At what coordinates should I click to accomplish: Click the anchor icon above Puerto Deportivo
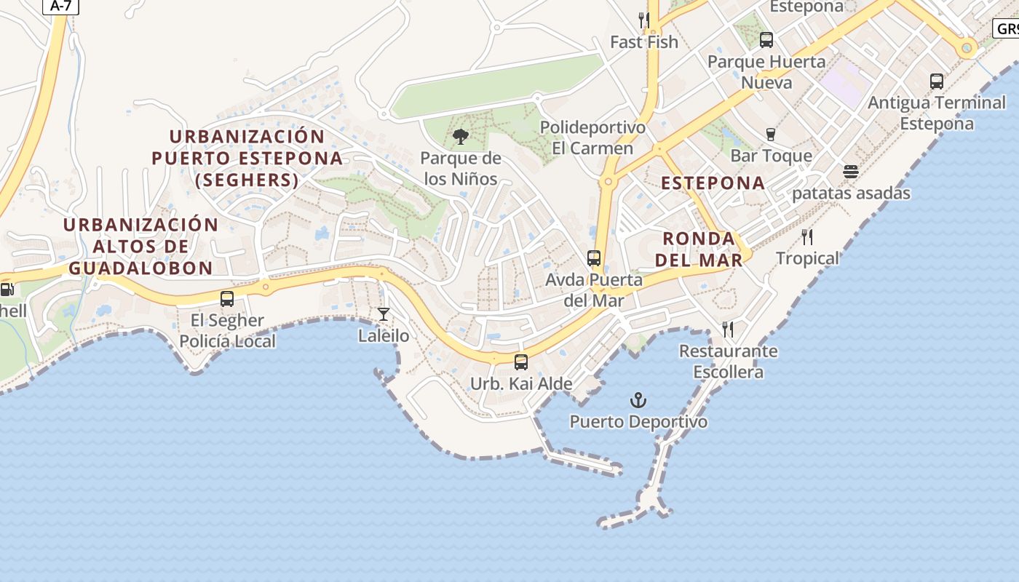coord(638,400)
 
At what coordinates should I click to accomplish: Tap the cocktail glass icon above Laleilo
coord(384,314)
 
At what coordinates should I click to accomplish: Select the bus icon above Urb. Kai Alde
coord(521,362)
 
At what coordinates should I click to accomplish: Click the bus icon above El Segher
coord(227,298)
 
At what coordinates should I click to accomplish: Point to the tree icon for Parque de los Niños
coord(460,136)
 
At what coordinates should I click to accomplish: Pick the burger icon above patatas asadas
coord(851,172)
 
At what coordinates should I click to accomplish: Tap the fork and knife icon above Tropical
coord(807,236)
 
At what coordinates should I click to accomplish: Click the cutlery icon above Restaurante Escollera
coord(728,330)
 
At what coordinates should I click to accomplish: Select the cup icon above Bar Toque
coord(771,134)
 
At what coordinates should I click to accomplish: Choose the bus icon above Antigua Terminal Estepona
coord(937,81)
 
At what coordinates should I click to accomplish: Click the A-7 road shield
coord(61,6)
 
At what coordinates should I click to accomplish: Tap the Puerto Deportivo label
coord(638,422)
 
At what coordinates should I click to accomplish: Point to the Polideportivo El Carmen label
coord(592,138)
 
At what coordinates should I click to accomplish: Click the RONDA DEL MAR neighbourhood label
coord(699,249)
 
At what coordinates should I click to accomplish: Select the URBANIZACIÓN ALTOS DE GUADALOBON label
coord(140,246)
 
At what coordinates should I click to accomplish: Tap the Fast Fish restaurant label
coord(643,42)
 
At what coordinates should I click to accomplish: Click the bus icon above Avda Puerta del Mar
coord(594,258)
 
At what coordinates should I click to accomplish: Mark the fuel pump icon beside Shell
coord(7,290)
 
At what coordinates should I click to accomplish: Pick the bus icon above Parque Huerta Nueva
coord(766,40)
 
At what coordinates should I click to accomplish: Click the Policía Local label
coord(228,341)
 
